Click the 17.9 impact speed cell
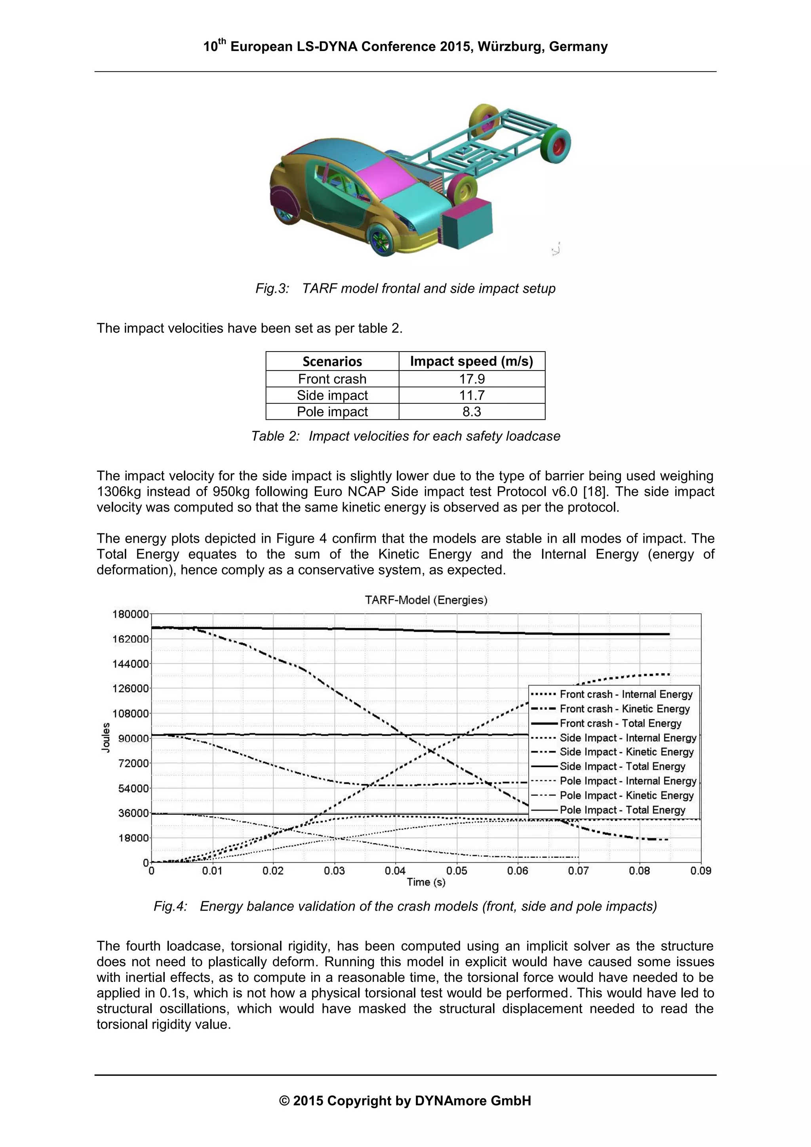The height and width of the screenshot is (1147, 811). click(x=471, y=379)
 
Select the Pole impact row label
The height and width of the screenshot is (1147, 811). click(x=332, y=412)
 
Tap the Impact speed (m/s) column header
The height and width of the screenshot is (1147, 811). click(x=471, y=361)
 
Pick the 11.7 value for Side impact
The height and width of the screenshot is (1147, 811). click(x=471, y=395)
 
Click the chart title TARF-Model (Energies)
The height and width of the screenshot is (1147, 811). click(x=426, y=600)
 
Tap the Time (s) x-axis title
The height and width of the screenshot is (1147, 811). click(x=426, y=882)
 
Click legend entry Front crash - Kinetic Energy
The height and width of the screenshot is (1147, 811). click(x=624, y=709)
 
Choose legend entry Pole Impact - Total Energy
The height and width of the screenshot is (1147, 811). click(x=622, y=810)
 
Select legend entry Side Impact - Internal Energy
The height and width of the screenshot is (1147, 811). click(x=628, y=738)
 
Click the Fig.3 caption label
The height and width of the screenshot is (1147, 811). click(x=272, y=289)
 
